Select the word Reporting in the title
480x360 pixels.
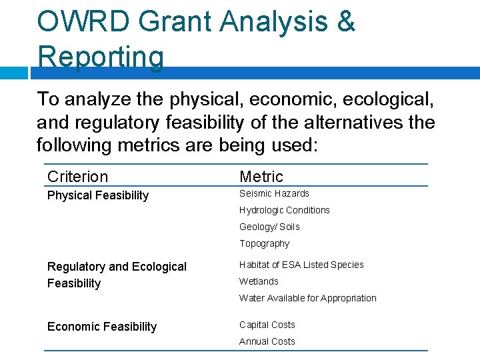[101, 56]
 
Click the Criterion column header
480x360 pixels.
[77, 177]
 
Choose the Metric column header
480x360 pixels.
[261, 177]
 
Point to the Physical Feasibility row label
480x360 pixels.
[98, 195]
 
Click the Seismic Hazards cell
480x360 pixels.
[274, 193]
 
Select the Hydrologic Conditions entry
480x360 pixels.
[285, 210]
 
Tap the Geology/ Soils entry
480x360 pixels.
[269, 227]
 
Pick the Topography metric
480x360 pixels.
[265, 243]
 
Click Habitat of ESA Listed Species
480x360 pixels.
[301, 265]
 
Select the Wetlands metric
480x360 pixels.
[259, 281]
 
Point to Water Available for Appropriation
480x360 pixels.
[308, 298]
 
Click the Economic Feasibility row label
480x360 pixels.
[102, 327]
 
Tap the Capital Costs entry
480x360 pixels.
[267, 325]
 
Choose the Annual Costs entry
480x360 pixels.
[267, 341]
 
